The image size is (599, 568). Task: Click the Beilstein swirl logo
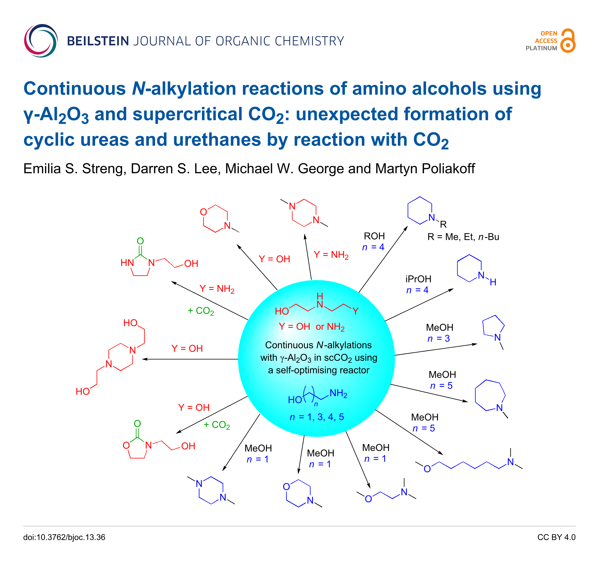point(41,41)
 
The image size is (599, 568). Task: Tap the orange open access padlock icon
point(568,41)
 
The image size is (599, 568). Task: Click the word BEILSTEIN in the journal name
point(98,41)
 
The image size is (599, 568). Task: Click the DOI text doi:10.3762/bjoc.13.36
point(64,537)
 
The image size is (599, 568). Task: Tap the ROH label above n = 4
point(374,236)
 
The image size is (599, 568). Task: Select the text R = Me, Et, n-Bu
point(463,237)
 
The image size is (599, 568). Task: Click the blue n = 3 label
point(438,338)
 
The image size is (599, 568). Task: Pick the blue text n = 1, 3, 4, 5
point(316,417)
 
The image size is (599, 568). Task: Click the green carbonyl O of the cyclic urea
point(140,241)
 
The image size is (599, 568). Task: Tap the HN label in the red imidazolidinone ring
point(127,263)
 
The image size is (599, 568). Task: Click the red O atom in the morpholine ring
point(203,212)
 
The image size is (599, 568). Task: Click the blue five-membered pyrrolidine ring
point(493,326)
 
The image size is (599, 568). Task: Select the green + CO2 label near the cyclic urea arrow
point(201,311)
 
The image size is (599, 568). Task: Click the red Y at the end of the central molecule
point(355,311)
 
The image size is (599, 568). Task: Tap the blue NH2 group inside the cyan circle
point(338,393)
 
